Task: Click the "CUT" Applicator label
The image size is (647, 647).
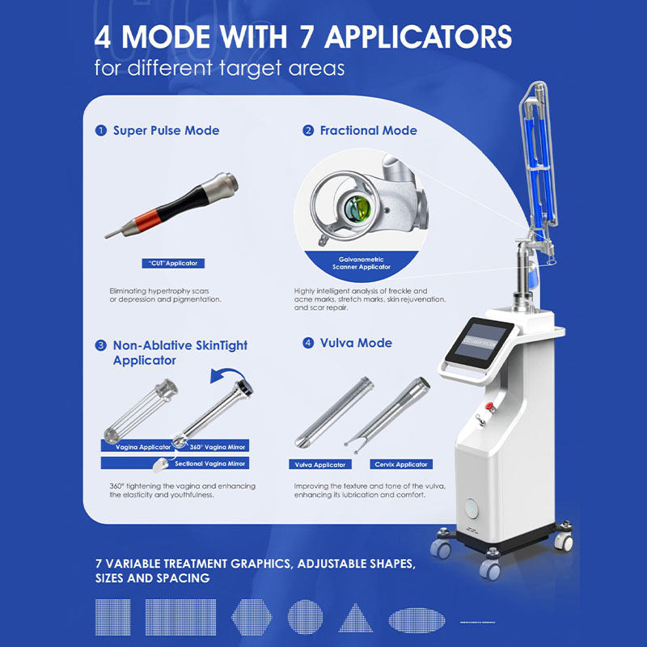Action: coord(173,264)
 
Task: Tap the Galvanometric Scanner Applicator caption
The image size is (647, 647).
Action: coord(362,264)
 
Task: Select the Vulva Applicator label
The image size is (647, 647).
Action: coord(320,464)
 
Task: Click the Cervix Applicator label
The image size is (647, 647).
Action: coord(401,464)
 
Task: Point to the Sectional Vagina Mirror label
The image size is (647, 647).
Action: coord(210,463)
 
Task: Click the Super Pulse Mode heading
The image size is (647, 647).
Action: coord(167,130)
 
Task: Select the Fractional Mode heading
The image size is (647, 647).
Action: coord(369,130)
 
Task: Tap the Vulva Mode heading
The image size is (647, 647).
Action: coord(356,343)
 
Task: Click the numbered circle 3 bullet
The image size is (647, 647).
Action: coord(100,345)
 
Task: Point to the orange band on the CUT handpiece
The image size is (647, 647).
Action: coord(147,220)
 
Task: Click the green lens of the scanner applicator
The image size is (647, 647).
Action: coord(357,208)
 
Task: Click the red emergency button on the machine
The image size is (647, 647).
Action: coord(490,407)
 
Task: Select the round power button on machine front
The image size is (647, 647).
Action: coord(471,508)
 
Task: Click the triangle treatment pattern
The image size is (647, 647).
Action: coord(356,618)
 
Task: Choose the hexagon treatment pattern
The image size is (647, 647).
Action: coord(252,617)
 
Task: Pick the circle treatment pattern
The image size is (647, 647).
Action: coord(306,617)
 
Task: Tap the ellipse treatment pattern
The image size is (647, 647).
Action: coord(417,620)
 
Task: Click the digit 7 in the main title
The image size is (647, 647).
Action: coord(307,37)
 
